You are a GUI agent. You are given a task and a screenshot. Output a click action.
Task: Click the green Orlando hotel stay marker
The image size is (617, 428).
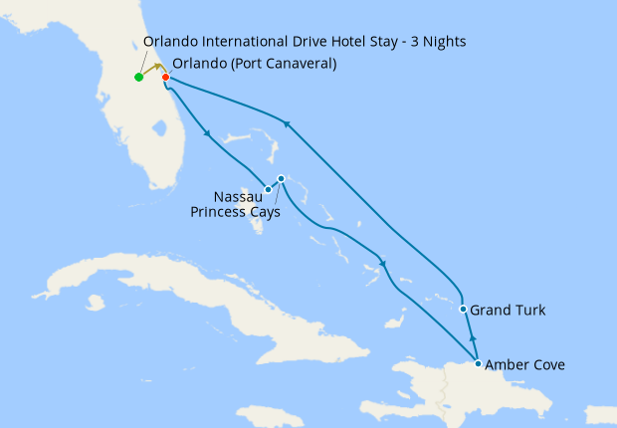[138, 77]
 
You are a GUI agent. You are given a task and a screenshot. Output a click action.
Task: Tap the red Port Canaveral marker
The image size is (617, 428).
[165, 77]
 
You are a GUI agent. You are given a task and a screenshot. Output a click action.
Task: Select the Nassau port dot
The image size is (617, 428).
[268, 189]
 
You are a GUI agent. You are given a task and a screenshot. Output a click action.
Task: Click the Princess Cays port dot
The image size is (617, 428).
[282, 179]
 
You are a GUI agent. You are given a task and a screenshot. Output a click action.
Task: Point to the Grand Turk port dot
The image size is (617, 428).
[463, 310]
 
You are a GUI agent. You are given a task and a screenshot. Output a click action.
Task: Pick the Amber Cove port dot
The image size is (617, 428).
[479, 364]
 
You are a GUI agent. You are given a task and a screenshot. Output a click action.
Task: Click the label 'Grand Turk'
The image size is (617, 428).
[508, 311]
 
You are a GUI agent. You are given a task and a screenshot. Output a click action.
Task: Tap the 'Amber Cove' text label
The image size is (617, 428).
[525, 365]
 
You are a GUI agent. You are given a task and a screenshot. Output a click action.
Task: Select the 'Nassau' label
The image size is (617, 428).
[238, 195]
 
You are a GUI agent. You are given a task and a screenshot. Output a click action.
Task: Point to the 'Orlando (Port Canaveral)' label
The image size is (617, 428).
[254, 64]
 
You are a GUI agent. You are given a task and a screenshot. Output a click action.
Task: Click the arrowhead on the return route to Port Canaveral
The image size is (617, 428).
[287, 123]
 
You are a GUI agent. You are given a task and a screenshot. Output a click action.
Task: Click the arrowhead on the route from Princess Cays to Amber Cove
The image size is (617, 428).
[383, 264]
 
